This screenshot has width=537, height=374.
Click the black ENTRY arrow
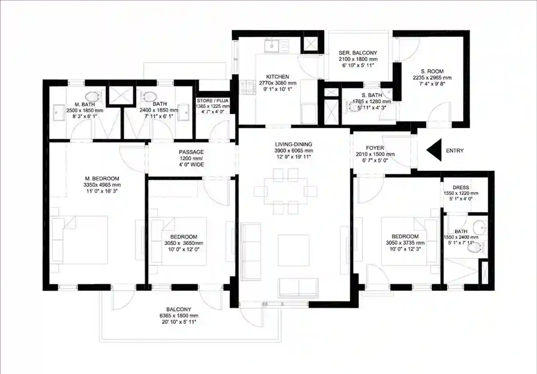pos(435,150)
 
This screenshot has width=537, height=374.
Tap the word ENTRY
pos(454,151)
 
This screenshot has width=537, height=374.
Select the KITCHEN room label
pos(277,77)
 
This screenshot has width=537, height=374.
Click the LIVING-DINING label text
pos(293,144)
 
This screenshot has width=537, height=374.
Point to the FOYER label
pos(375,148)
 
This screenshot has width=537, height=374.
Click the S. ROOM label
pos(432,71)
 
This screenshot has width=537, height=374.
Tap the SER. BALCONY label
pos(358,53)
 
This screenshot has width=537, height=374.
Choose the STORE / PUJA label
pos(212,101)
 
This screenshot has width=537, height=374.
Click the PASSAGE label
pos(191,152)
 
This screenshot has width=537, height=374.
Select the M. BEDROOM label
pos(102,179)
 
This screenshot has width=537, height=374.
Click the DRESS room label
pos(461,188)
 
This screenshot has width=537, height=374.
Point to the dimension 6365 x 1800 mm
pos(179,316)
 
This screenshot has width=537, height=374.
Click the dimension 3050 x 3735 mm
pos(405,243)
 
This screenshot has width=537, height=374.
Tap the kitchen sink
pos(272,46)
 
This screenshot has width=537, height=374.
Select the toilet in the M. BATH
pos(92,96)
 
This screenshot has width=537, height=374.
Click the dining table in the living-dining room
pos(285,191)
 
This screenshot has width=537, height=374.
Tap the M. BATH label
pos(85,104)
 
